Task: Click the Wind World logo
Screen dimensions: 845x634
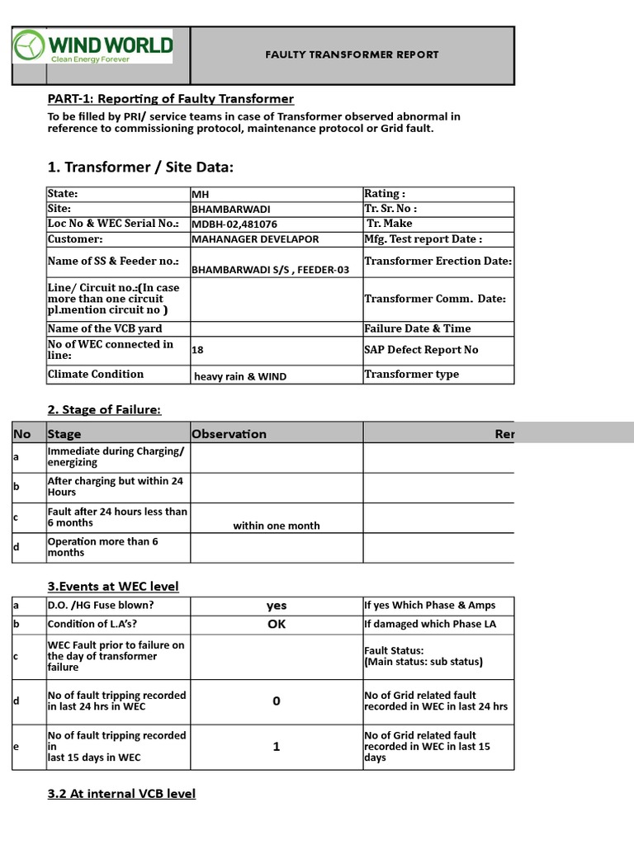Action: [x=92, y=47]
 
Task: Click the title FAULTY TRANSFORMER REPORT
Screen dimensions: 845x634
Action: [x=352, y=55]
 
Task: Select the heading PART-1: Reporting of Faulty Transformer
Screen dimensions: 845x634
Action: [x=171, y=99]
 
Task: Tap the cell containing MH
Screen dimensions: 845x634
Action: [x=200, y=194]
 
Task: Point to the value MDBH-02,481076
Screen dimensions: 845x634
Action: [x=234, y=224]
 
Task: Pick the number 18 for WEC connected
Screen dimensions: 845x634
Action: [x=197, y=350]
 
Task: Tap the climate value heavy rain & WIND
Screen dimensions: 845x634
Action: [x=240, y=376]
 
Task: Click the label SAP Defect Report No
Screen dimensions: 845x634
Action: [x=421, y=350]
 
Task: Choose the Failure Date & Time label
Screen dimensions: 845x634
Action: [x=417, y=328]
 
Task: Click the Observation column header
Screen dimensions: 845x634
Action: [x=229, y=434]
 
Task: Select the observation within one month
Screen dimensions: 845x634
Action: [x=276, y=526]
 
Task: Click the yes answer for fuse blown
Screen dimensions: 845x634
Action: [x=276, y=606]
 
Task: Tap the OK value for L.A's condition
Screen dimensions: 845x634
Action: [x=276, y=625]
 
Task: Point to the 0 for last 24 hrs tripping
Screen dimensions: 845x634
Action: [x=276, y=701]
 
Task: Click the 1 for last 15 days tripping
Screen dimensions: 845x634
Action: [x=276, y=747]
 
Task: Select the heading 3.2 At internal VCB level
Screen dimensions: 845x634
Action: [x=121, y=794]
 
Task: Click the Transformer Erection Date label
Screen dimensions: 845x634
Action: [x=438, y=261]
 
